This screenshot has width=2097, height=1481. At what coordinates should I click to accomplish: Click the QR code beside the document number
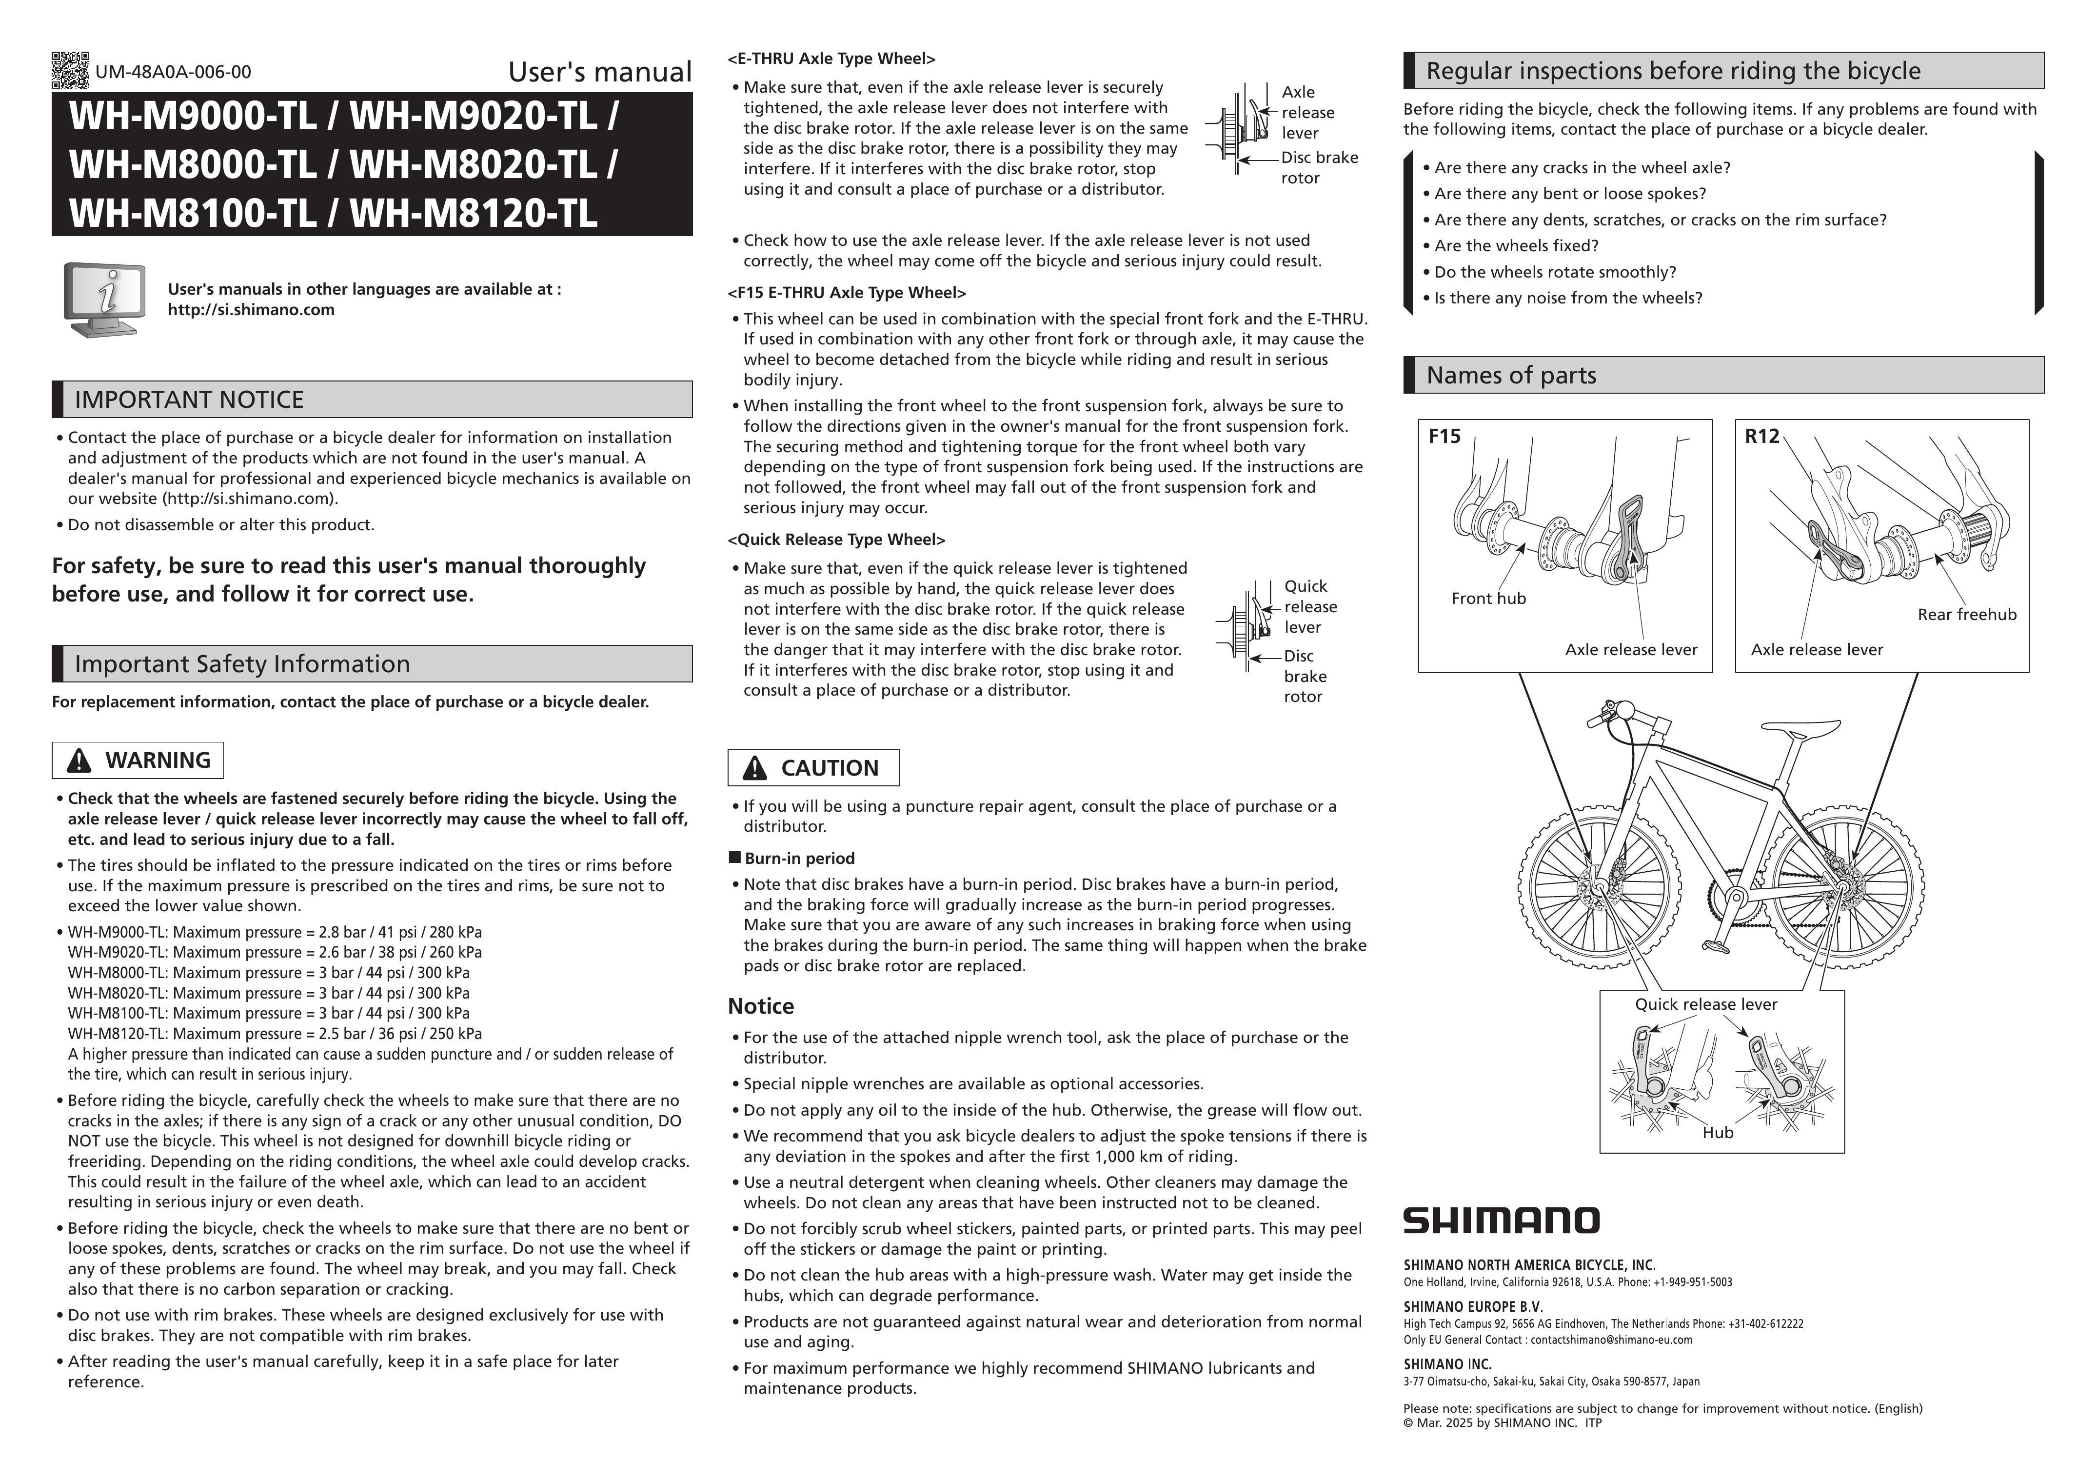[70, 70]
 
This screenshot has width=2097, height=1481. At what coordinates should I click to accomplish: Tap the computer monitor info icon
[105, 299]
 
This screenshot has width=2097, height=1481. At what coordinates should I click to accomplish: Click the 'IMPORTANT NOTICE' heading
[189, 399]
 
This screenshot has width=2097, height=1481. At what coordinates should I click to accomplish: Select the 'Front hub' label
[1488, 599]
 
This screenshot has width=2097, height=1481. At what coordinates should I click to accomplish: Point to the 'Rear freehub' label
[1966, 615]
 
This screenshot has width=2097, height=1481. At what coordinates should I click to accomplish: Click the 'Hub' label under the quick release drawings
[1717, 1133]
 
